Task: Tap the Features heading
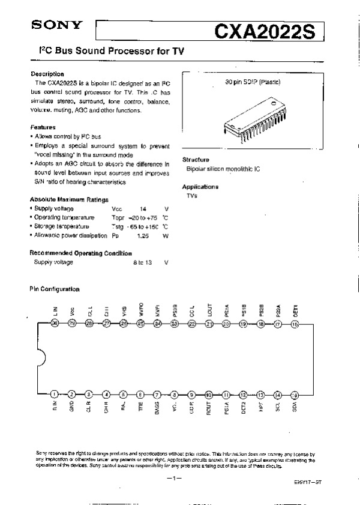pyautogui.click(x=43, y=127)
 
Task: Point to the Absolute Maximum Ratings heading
pyautogui.click(x=69, y=199)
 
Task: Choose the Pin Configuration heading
pyautogui.click(x=55, y=289)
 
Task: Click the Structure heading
pyautogui.click(x=196, y=160)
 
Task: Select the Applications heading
pyautogui.click(x=200, y=187)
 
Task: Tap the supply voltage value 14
pyautogui.click(x=143, y=208)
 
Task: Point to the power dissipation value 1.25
pyautogui.click(x=143, y=236)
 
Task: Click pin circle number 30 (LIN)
pyautogui.click(x=55, y=324)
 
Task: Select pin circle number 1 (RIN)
pyautogui.click(x=55, y=395)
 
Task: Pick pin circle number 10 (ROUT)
pyautogui.click(x=209, y=395)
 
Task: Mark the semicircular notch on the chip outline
pyautogui.click(x=41, y=359)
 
